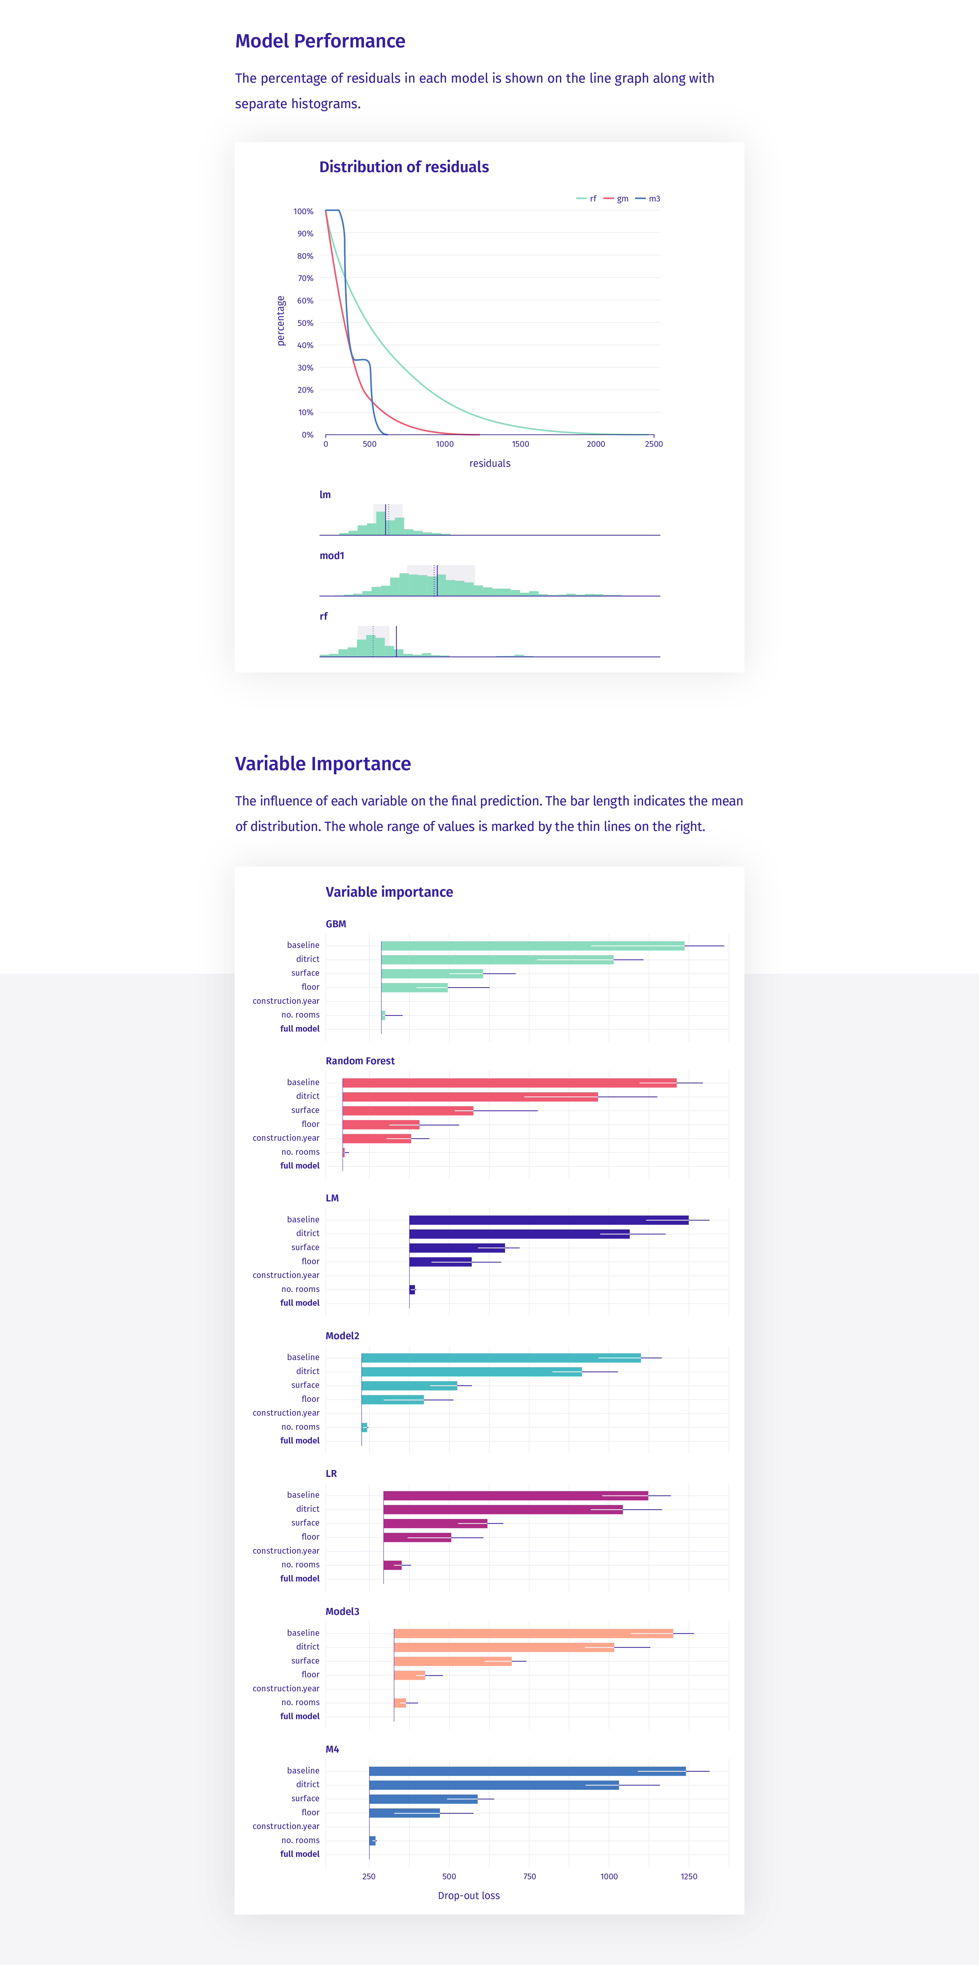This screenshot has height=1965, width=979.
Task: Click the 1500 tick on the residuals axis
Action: tap(520, 444)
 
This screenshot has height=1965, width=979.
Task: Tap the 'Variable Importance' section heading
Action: tap(322, 764)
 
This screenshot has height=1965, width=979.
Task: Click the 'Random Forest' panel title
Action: tap(360, 1061)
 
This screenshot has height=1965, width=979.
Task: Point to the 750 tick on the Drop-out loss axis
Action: tap(529, 1877)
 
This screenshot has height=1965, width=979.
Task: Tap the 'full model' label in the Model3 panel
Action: tap(300, 1716)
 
